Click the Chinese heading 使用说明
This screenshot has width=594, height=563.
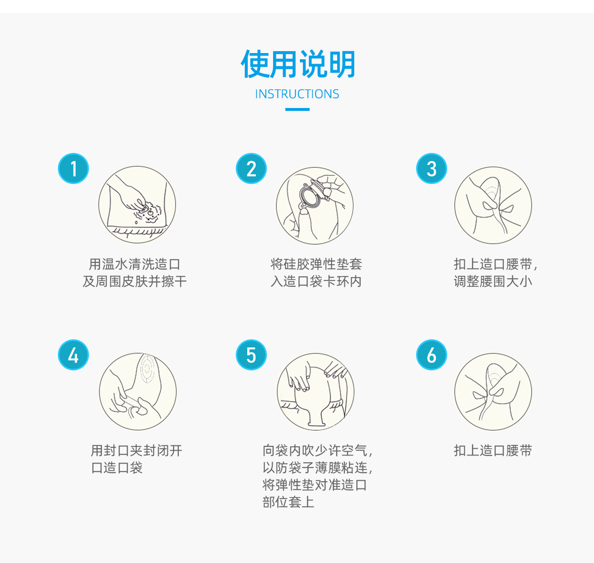pyautogui.click(x=297, y=64)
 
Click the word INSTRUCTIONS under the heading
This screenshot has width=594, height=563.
pyautogui.click(x=297, y=94)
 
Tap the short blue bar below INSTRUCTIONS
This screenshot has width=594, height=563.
pyautogui.click(x=297, y=109)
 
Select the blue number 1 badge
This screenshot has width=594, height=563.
pyautogui.click(x=73, y=169)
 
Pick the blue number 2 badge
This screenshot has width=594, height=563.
pyautogui.click(x=251, y=169)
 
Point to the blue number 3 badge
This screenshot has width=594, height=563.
pyautogui.click(x=431, y=169)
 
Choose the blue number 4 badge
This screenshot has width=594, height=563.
pyautogui.click(x=73, y=355)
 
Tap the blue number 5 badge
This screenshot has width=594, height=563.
pyautogui.click(x=251, y=355)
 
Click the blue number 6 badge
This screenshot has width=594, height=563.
pyautogui.click(x=431, y=355)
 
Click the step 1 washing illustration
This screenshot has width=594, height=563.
pyautogui.click(x=137, y=205)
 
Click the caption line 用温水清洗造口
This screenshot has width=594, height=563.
pyautogui.click(x=134, y=264)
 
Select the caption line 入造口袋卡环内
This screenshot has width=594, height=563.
pyautogui.click(x=316, y=281)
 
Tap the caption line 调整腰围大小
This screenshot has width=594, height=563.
pyautogui.click(x=493, y=281)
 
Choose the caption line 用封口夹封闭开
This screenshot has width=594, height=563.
pyautogui.click(x=136, y=451)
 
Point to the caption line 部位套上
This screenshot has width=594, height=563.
pyautogui.click(x=288, y=502)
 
